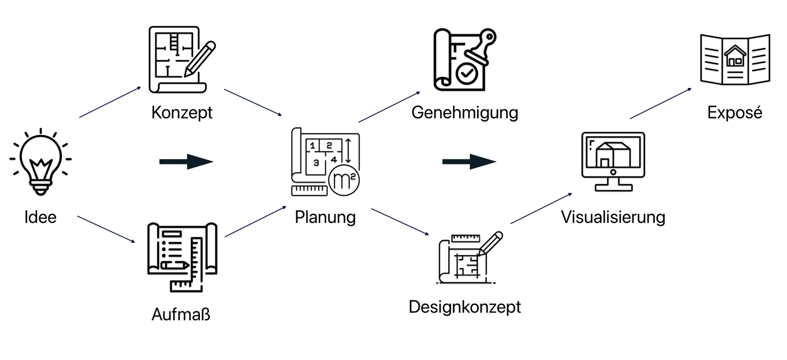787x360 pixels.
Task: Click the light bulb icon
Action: [x=40, y=162]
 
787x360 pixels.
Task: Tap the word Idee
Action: [x=40, y=217]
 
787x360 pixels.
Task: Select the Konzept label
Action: [x=181, y=113]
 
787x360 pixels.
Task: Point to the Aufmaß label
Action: [x=181, y=315]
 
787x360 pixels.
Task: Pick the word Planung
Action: [x=325, y=217]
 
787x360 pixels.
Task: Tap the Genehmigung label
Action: [x=465, y=113]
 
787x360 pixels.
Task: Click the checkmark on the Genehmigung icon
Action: [x=466, y=74]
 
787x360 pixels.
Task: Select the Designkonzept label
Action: [x=465, y=306]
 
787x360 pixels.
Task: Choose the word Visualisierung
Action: [x=613, y=217]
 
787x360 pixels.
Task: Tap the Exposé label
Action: [x=735, y=113]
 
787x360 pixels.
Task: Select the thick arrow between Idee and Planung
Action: [x=186, y=162]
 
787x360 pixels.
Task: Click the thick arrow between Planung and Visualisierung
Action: [x=469, y=162]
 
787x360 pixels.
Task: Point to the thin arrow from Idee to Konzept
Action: [x=110, y=102]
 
